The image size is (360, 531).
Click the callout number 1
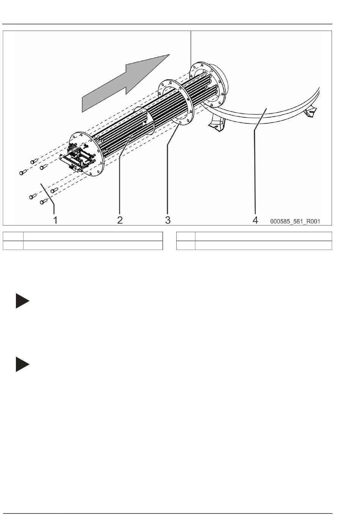(55, 219)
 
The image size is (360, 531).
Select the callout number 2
(120, 219)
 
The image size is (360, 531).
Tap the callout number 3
(167, 219)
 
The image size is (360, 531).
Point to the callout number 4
(255, 219)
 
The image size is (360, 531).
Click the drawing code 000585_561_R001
(295, 221)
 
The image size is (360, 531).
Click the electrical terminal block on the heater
(78, 158)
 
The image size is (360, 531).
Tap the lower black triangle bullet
(22, 364)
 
